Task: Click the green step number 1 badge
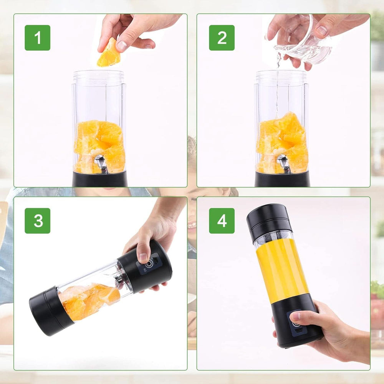37,38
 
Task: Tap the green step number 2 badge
222,38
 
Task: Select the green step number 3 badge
37,221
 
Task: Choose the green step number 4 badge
222,221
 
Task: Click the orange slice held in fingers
108,54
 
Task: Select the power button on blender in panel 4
296,324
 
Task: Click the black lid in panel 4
269,221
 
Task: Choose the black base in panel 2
282,179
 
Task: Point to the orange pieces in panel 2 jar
282,142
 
